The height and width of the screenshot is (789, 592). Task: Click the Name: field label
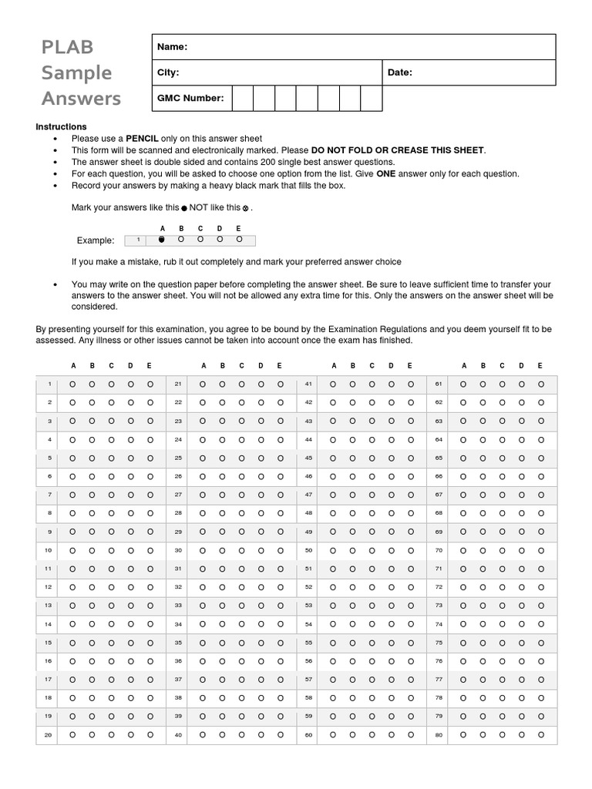click(173, 47)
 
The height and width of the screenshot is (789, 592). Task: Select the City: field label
click(168, 72)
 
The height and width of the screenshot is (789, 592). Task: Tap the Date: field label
click(400, 72)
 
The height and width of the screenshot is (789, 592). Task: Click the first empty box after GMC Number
click(243, 99)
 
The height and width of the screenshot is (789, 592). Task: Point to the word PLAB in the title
click(67, 47)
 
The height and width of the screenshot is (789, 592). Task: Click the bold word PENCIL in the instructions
click(142, 139)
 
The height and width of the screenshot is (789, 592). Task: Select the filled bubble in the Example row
click(162, 240)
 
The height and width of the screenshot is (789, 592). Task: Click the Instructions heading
click(62, 126)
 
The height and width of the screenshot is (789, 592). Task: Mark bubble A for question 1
click(72, 384)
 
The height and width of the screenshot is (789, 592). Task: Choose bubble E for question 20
click(150, 735)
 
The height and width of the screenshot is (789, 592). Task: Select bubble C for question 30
click(241, 550)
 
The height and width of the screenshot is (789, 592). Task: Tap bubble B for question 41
click(352, 384)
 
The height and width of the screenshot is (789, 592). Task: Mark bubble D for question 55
click(391, 643)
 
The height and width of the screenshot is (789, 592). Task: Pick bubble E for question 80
click(540, 735)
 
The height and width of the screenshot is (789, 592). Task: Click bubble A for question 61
click(463, 384)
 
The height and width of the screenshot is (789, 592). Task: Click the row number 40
click(178, 735)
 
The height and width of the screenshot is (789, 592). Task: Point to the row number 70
click(439, 550)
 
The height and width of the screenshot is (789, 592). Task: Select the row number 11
click(48, 569)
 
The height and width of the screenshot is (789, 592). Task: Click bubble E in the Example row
click(239, 240)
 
